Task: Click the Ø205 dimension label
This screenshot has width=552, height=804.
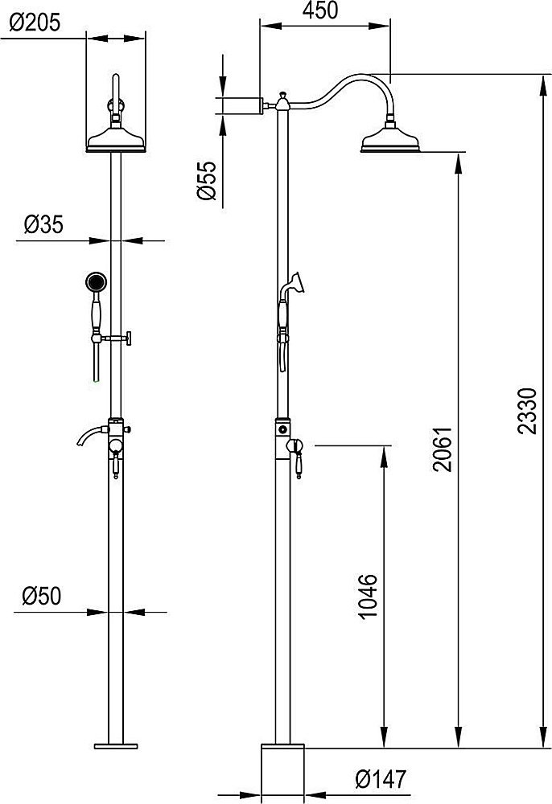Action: (x=35, y=23)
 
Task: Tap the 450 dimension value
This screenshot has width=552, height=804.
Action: (x=319, y=10)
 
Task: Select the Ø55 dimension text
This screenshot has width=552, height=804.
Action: (x=206, y=180)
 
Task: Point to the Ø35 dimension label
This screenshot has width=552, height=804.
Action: (x=43, y=224)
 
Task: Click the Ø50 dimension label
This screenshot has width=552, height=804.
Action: (x=42, y=596)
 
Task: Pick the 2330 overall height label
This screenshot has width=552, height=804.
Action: (x=527, y=412)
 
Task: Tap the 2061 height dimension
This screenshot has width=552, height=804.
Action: (x=443, y=449)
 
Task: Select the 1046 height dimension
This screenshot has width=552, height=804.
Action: (x=368, y=597)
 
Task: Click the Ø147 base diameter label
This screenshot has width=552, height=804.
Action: (x=381, y=779)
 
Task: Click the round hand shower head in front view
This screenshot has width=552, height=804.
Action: (x=96, y=281)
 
